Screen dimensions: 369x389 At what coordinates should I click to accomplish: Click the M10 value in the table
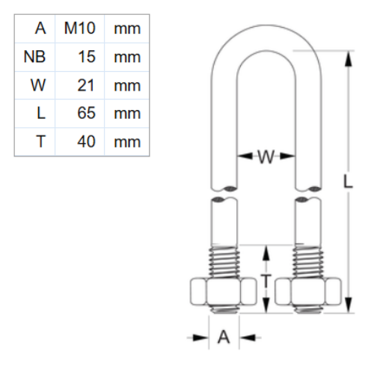[x=79, y=29]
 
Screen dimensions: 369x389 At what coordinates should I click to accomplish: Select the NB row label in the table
[x=35, y=57]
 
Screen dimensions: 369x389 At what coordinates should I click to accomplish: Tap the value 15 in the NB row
[x=86, y=57]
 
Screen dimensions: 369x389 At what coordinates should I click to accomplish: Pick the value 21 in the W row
[x=86, y=85]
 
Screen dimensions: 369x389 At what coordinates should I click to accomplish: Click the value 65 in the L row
[x=86, y=113]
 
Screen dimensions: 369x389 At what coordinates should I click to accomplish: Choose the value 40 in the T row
[x=86, y=141]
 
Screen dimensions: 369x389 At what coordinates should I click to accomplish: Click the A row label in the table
[x=40, y=29]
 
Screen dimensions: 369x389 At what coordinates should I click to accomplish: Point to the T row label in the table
[x=40, y=141]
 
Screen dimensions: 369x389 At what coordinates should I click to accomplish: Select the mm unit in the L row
[x=126, y=113]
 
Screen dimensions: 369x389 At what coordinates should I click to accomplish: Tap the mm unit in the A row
[x=126, y=29]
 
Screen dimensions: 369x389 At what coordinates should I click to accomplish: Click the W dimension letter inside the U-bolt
[x=266, y=156]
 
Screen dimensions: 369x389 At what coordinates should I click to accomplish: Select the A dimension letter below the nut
[x=223, y=338]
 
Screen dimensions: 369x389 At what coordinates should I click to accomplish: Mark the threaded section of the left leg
[x=223, y=261]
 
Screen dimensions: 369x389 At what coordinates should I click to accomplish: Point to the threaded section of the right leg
[x=309, y=261]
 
